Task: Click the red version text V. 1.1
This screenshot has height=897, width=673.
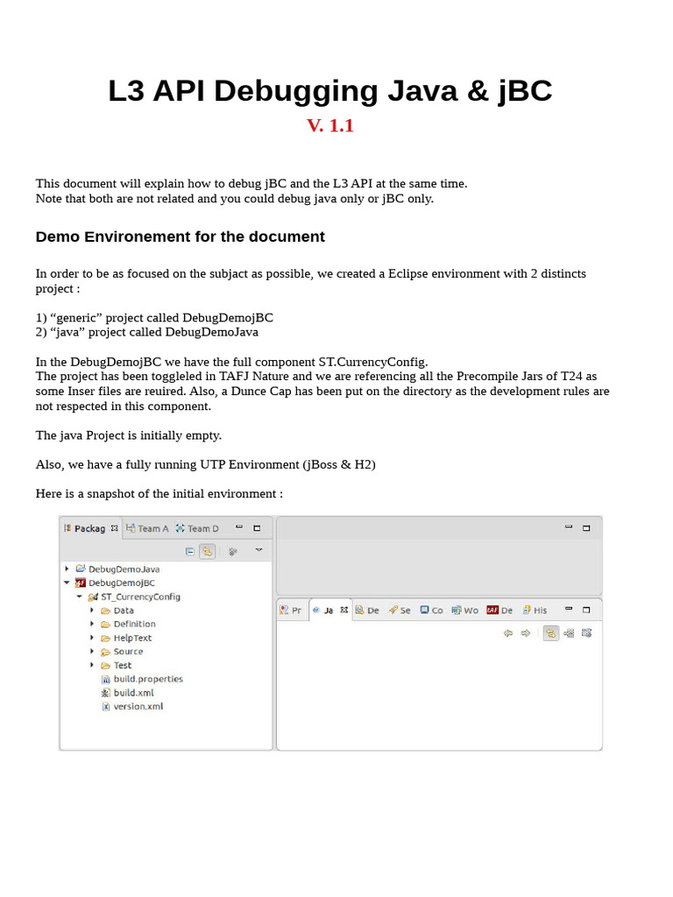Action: [x=330, y=125]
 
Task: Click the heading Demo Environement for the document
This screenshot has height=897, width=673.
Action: [x=180, y=237]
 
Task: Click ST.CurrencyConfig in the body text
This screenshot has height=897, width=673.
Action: [x=372, y=361]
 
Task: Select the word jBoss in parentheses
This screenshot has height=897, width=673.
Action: [x=322, y=464]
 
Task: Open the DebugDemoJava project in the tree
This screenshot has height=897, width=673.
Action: [x=124, y=569]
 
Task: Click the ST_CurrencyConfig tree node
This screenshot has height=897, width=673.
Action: [x=140, y=597]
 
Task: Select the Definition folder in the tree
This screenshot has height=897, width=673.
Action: [x=134, y=624]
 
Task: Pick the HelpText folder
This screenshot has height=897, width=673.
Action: [x=132, y=638]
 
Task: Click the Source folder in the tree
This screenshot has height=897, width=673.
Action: [x=128, y=652]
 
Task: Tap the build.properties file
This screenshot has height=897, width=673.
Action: [x=147, y=679]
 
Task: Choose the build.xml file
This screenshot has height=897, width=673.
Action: [x=133, y=693]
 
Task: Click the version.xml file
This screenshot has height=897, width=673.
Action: [x=138, y=706]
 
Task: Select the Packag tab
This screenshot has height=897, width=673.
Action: [x=89, y=528]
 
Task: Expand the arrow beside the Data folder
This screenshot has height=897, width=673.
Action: [x=93, y=611]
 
